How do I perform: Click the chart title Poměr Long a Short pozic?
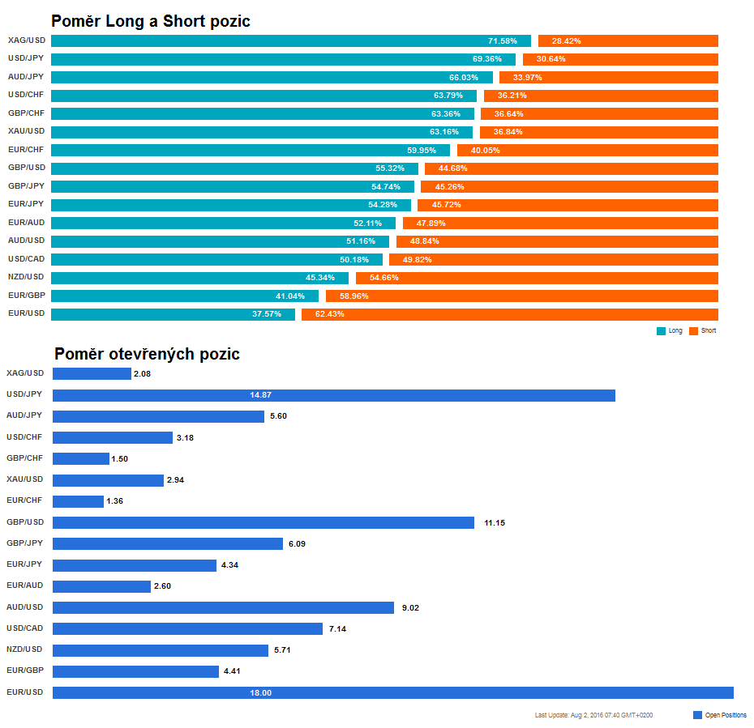151,21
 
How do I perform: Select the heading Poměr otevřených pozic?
147,354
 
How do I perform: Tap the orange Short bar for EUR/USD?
509,314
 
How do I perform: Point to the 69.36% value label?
487,59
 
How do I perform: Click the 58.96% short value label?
354,296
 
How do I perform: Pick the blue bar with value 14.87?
333,395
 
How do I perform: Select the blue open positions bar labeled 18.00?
392,692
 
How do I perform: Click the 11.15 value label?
495,523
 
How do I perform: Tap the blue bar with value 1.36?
78,501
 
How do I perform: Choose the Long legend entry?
670,330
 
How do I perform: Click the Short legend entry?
702,330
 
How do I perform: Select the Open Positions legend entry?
720,715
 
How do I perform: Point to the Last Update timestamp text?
593,715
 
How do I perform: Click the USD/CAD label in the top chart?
26,259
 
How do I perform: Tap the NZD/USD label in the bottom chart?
25,649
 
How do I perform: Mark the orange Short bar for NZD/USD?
537,278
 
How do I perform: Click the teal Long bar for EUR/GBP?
185,296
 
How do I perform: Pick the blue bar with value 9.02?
223,607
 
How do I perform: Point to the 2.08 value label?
142,374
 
